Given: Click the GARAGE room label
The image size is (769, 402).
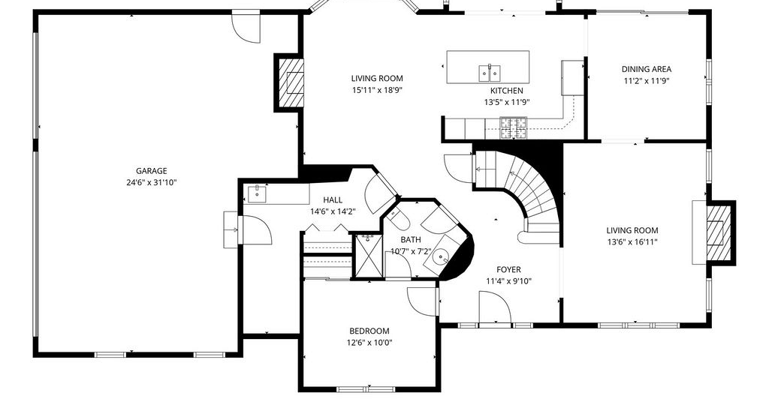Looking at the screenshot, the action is [151, 171].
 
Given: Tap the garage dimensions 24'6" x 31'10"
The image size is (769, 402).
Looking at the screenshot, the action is [151, 183].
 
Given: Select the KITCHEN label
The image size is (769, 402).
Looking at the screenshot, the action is [507, 91].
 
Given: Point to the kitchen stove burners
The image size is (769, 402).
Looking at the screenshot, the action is [513, 127].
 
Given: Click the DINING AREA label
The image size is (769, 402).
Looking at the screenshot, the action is [647, 70].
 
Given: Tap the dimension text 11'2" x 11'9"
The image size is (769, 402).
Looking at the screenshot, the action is [647, 81].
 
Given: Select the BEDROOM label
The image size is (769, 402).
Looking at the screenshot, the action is [369, 331].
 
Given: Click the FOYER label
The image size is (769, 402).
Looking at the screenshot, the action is [508, 269].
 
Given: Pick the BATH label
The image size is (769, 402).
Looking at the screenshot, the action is [411, 240].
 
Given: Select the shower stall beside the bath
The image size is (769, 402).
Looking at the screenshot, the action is [368, 256].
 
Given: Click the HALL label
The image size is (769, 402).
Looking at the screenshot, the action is [333, 199].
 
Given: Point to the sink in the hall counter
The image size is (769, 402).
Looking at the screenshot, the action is [257, 194].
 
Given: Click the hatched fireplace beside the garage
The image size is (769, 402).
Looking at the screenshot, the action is [291, 82].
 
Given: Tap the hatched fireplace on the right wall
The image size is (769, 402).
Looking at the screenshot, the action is [719, 232].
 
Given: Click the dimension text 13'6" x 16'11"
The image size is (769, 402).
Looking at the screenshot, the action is [632, 242].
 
